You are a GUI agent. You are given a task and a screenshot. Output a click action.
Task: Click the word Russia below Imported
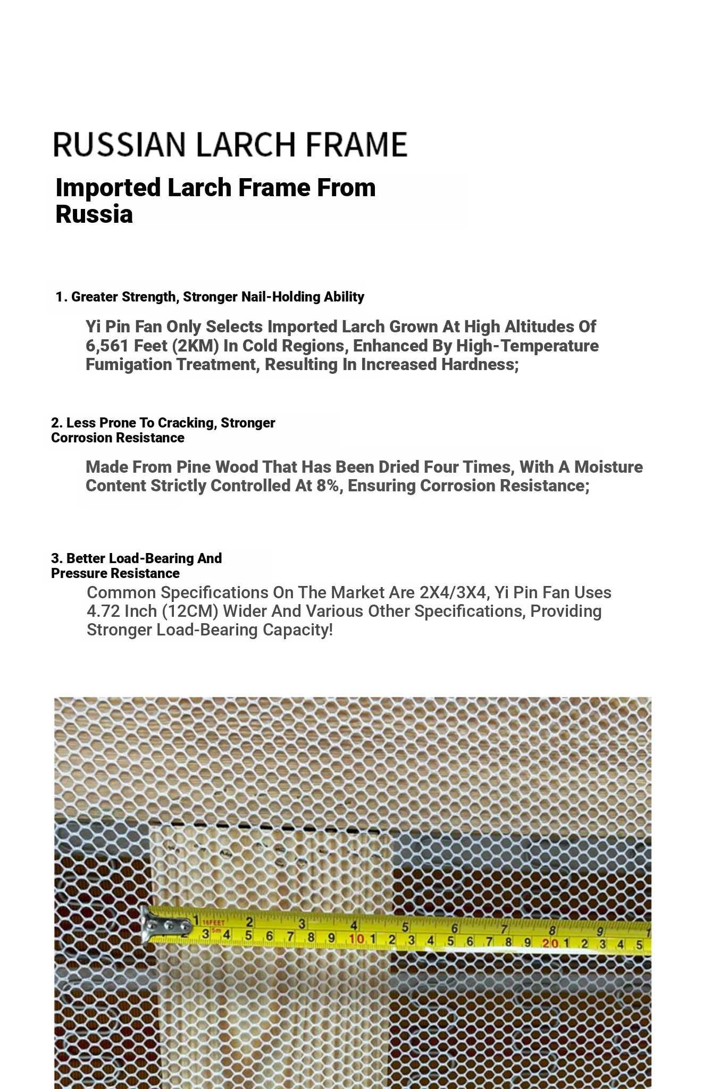[94, 215]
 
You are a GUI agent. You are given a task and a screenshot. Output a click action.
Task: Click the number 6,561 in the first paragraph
[107, 346]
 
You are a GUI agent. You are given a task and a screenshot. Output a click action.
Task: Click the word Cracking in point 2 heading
[186, 423]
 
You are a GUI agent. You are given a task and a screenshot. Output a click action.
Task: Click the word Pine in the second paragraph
[194, 467]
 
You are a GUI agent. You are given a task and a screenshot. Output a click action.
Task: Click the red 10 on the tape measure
[357, 939]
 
